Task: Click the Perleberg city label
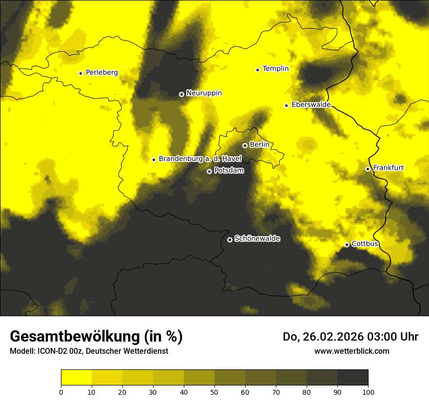101,73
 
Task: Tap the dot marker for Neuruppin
181,94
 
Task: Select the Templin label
275,69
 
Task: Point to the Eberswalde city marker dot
287,105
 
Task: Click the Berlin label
259,145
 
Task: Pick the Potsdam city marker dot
209,171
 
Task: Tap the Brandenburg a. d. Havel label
200,159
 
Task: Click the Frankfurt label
388,168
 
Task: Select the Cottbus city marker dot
347,244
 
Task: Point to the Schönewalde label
257,239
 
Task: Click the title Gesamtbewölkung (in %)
96,337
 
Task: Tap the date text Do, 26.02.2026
324,337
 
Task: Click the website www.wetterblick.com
351,351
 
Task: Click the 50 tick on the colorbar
214,391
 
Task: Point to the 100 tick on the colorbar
368,391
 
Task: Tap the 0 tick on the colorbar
61,391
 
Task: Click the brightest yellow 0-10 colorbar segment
76,378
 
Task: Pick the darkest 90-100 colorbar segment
352,378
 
